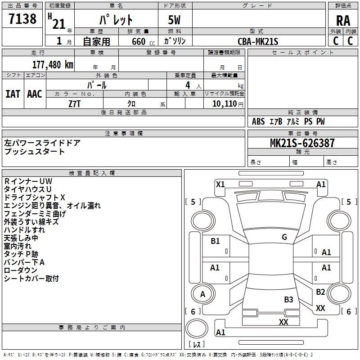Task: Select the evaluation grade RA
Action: (343, 21)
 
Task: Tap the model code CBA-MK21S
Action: (258, 41)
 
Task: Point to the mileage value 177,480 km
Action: (53, 64)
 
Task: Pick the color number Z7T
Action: (75, 103)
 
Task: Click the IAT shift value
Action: (13, 94)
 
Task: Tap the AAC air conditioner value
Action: (34, 94)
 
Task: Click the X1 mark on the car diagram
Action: (220, 184)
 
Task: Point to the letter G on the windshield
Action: (284, 237)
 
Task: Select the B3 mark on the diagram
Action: (288, 299)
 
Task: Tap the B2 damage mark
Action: (320, 292)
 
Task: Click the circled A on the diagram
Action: (202, 294)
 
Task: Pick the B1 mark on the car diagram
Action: (215, 241)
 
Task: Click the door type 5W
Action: (175, 21)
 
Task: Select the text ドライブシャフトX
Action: (35, 198)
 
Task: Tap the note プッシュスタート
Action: (35, 152)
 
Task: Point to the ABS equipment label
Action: (258, 121)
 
